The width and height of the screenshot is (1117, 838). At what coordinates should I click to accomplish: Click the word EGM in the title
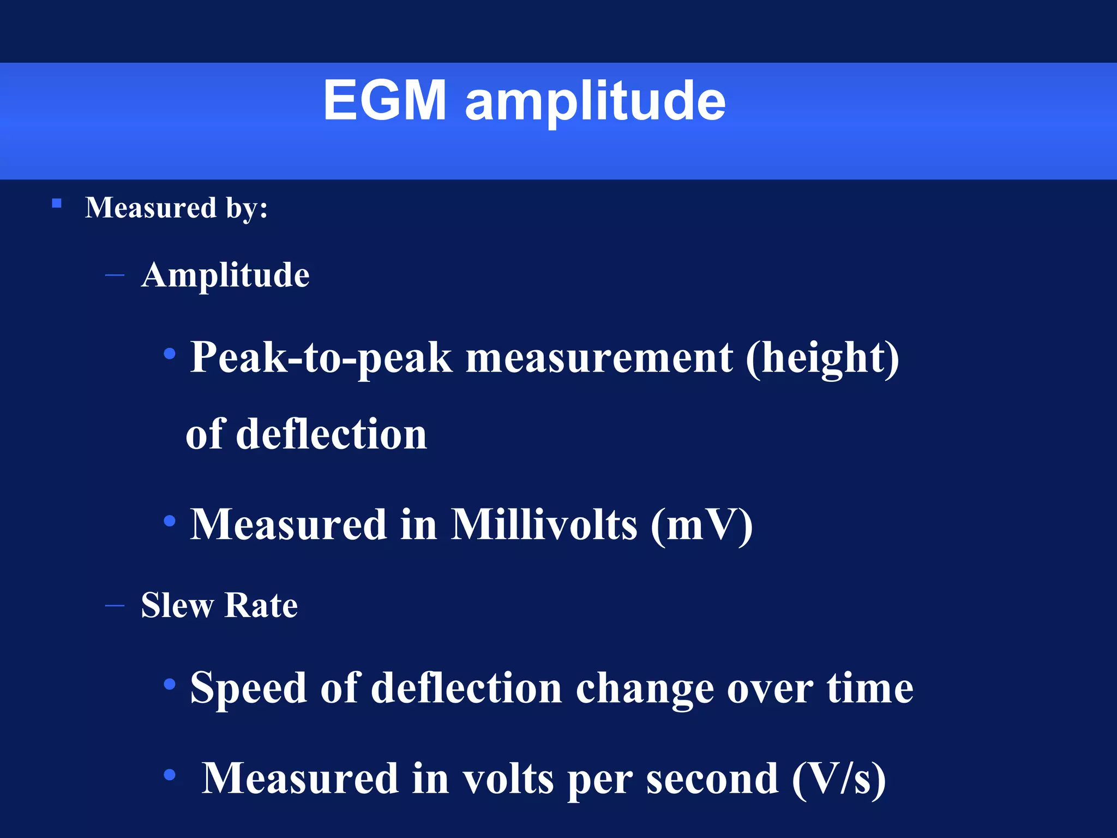pyautogui.click(x=385, y=101)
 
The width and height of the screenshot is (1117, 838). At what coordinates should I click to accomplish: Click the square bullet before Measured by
pyautogui.click(x=57, y=204)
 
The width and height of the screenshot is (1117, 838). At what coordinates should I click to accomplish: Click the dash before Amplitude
pyautogui.click(x=115, y=276)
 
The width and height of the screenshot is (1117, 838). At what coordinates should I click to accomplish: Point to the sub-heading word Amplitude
pyautogui.click(x=225, y=274)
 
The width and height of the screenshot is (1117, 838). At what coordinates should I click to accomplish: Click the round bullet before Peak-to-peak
pyautogui.click(x=170, y=354)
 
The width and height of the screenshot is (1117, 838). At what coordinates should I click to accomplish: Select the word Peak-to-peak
pyautogui.click(x=321, y=358)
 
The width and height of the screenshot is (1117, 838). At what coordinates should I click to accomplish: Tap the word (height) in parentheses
pyautogui.click(x=822, y=358)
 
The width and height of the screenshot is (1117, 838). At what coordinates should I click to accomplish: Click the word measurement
pyautogui.click(x=599, y=358)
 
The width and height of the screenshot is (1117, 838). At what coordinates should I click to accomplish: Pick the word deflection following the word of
pyautogui.click(x=332, y=434)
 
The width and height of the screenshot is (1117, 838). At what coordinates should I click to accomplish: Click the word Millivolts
pyautogui.click(x=544, y=525)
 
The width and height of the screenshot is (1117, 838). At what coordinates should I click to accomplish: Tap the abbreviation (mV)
pyautogui.click(x=701, y=525)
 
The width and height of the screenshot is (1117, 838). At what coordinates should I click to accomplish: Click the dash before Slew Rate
pyautogui.click(x=115, y=606)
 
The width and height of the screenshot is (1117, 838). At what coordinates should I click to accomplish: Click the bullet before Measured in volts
pyautogui.click(x=170, y=774)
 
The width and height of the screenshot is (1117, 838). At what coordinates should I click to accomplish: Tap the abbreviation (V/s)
pyautogui.click(x=838, y=779)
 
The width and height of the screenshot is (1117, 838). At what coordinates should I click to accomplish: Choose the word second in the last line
pyautogui.click(x=712, y=779)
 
